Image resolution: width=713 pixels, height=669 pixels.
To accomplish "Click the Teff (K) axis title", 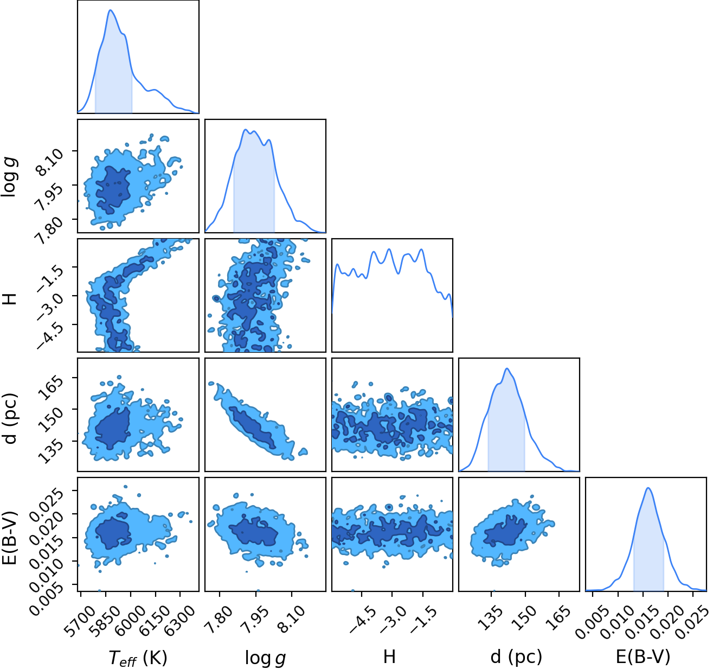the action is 138,658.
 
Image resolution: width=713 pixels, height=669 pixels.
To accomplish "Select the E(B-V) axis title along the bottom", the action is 643,657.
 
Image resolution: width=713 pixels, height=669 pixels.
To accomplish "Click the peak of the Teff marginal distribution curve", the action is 111,10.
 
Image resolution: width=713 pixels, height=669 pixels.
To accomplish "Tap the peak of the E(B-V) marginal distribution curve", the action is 648,488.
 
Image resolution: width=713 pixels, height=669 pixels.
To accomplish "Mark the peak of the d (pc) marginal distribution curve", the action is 507,368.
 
